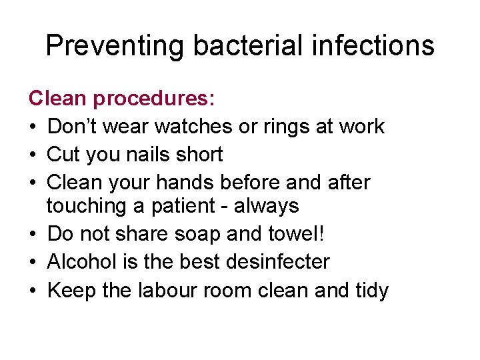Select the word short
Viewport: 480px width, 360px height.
pos(201,154)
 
